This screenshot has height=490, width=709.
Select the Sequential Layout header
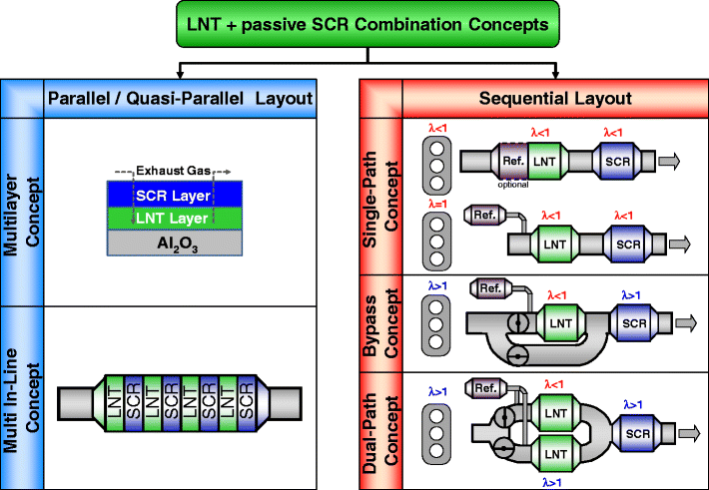coord(554,98)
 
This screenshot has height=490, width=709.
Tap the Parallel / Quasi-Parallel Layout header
coord(180,98)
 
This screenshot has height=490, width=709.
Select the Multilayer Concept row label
coord(23,210)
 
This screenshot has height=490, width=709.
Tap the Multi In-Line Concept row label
coord(23,397)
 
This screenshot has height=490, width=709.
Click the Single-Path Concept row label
coord(380,196)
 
